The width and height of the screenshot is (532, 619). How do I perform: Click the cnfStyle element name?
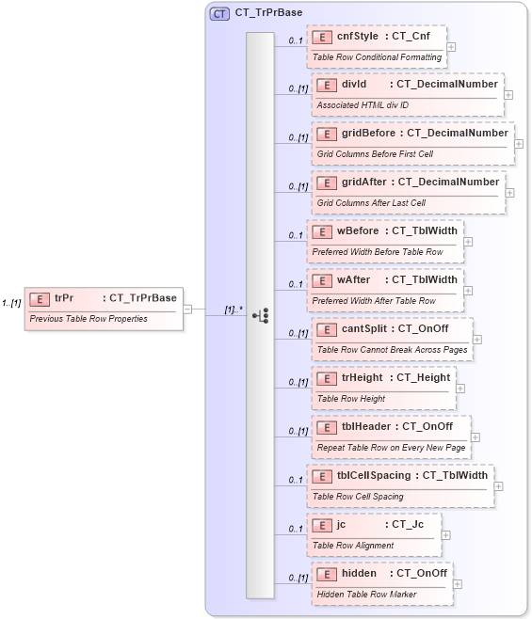(359, 37)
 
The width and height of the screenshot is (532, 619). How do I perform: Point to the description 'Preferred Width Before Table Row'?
(377, 252)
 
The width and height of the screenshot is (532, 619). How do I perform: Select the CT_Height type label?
(423, 377)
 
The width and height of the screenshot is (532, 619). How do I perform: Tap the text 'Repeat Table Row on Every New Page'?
(391, 448)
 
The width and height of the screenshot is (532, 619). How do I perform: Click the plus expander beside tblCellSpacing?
(499, 485)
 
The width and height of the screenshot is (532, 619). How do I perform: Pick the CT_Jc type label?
(407, 524)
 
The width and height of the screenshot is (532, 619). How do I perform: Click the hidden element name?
(359, 573)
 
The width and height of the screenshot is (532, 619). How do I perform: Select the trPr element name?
(64, 298)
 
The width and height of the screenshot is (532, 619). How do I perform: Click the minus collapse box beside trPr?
(188, 308)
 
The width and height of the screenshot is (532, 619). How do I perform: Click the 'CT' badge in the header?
(219, 13)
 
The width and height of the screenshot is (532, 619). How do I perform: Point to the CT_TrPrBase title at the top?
(269, 13)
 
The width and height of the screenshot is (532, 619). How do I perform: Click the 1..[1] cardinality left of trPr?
(11, 303)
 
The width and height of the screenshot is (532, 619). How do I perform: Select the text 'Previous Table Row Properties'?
(89, 318)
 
